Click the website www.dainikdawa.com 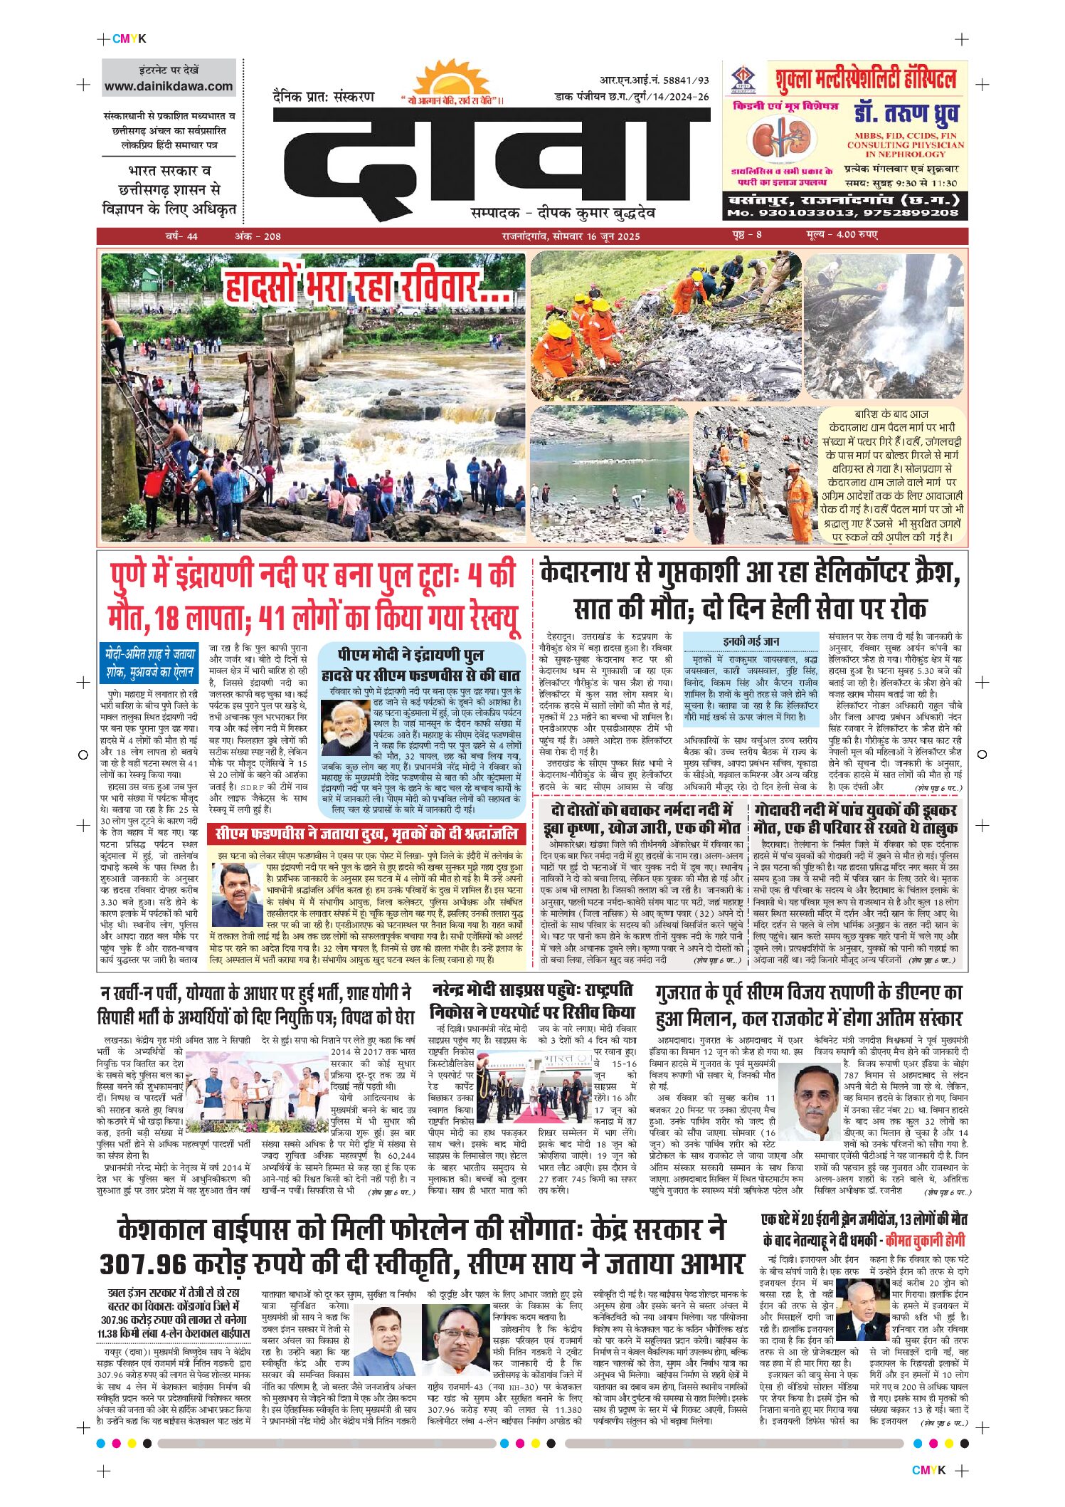coord(169,86)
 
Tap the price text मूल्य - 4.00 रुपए coord(842,235)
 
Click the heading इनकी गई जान coord(751,641)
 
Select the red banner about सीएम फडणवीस coord(367,834)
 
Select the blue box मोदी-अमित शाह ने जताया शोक coord(151,663)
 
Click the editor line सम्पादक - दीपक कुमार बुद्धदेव coord(563,213)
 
